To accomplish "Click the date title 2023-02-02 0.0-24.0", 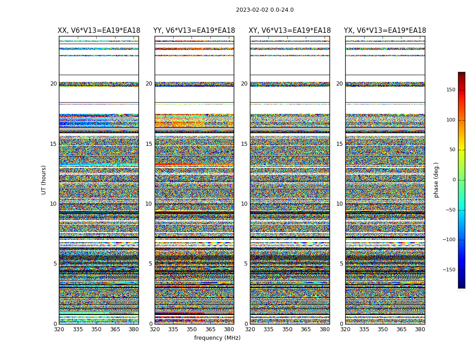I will [x=265, y=10].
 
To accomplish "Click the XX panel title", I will [x=99, y=31].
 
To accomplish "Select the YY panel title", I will [x=194, y=31].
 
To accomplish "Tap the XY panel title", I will [x=290, y=31].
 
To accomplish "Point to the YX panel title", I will [x=385, y=31].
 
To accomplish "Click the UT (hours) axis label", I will [x=44, y=180].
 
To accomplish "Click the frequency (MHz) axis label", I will [x=217, y=338].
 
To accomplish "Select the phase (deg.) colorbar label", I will [x=436, y=180].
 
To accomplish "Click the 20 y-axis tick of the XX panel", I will [x=53, y=84].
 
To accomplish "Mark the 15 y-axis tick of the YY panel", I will [x=149, y=144].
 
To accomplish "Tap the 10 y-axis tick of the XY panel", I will [x=244, y=204].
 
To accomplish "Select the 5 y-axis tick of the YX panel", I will [x=341, y=264].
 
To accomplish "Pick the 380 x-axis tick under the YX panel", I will [x=420, y=329].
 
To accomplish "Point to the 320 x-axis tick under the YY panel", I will [x=155, y=329].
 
